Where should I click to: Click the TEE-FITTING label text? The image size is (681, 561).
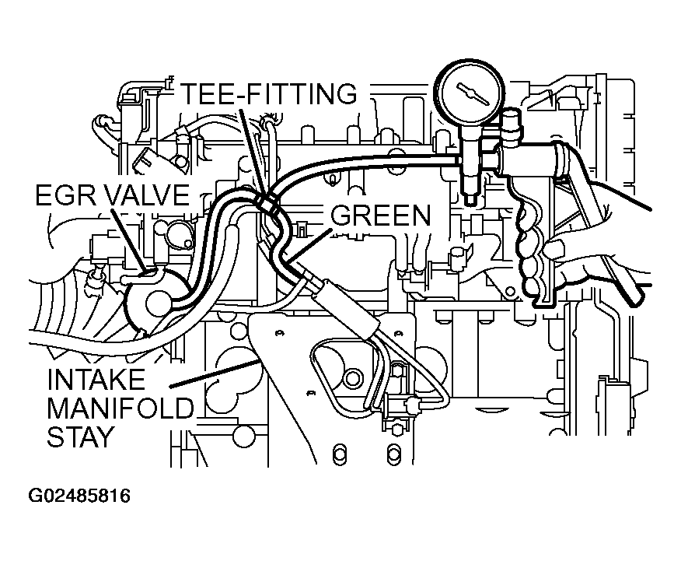click(269, 93)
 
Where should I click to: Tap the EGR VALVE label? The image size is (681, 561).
click(111, 195)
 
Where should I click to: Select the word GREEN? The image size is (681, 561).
click(381, 216)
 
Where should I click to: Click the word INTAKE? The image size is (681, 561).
click(96, 380)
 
